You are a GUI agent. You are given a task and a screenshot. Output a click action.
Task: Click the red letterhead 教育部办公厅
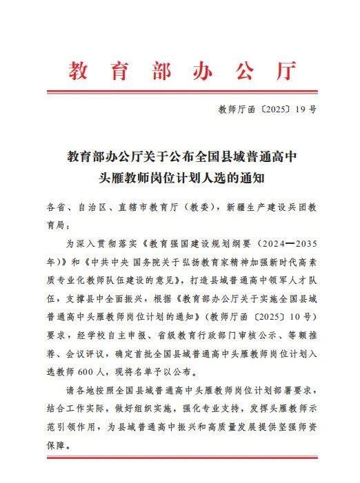[181, 72]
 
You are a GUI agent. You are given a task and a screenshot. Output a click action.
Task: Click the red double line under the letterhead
[181, 92]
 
